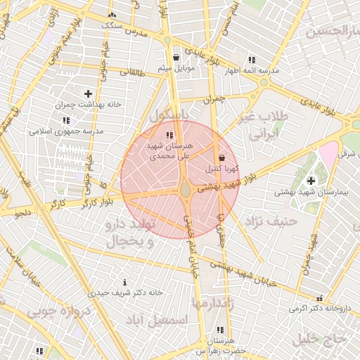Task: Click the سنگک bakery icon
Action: pyautogui.click(x=112, y=15)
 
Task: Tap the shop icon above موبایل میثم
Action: pyautogui.click(x=176, y=58)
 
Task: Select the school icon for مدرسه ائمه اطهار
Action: pyautogui.click(x=252, y=60)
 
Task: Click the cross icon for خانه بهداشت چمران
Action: pyautogui.click(x=88, y=93)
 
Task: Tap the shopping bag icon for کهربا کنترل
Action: pyautogui.click(x=222, y=157)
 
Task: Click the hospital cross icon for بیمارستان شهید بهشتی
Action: pyautogui.click(x=311, y=181)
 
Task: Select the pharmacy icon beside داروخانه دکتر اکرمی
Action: pyautogui.click(x=321, y=298)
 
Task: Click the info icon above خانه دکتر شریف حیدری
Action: pyautogui.click(x=125, y=282)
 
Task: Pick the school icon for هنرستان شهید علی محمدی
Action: pyautogui.click(x=169, y=134)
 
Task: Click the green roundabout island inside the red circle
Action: pyautogui.click(x=185, y=189)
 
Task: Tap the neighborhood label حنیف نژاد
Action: pyautogui.click(x=271, y=221)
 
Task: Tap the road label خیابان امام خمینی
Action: pyautogui.click(x=190, y=246)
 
